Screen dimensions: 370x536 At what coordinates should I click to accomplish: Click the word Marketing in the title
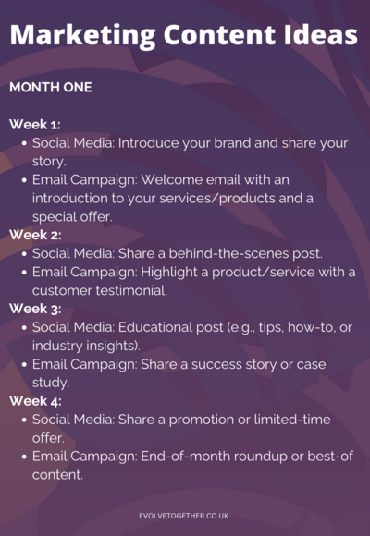pyautogui.click(x=83, y=36)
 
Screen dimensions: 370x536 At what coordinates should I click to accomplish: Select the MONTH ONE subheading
pyautogui.click(x=51, y=88)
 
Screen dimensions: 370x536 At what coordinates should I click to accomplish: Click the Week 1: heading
pyautogui.click(x=35, y=125)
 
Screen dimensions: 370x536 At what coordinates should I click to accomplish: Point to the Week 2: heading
pyautogui.click(x=35, y=235)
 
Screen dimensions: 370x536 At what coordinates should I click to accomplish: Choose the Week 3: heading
pyautogui.click(x=35, y=309)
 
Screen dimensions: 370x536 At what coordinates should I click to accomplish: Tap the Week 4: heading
pyautogui.click(x=35, y=401)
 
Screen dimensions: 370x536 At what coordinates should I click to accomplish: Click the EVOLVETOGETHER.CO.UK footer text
pyautogui.click(x=184, y=516)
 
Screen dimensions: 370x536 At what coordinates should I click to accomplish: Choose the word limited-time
pyautogui.click(x=292, y=420)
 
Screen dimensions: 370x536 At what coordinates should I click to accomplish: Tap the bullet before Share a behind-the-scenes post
pyautogui.click(x=24, y=254)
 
